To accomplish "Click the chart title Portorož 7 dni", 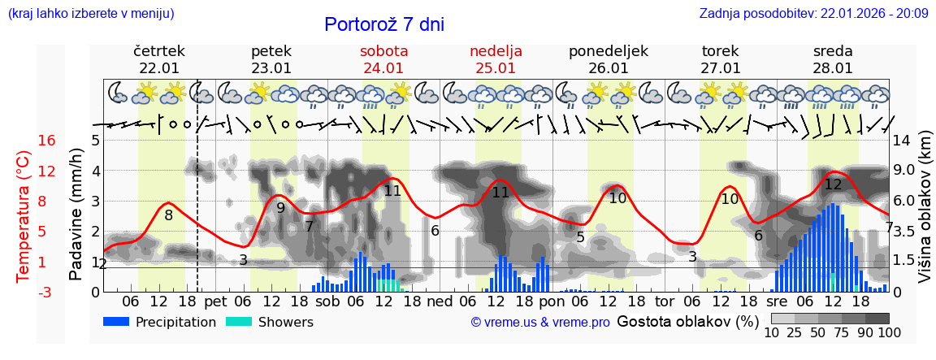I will point(383,24).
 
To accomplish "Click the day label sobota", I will point(383,51).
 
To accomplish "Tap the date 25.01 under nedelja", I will point(496,68).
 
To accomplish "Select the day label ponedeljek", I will point(609,51).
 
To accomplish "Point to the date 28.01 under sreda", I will point(833,68).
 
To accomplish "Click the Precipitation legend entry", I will point(160,322).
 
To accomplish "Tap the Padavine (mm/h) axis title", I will point(76,215).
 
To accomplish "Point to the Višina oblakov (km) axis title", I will point(925,215).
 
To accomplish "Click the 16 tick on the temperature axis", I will point(47,141).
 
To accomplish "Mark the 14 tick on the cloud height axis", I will point(903,141).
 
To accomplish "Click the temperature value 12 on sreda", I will point(833,184).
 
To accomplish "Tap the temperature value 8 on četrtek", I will point(168,215).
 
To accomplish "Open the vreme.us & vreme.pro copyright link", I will point(540,323).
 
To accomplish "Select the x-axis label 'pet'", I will point(215,301).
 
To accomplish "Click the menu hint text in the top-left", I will point(90,13).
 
